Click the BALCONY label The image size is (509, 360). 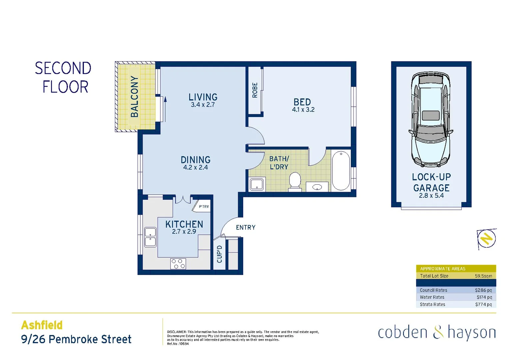click(134, 97)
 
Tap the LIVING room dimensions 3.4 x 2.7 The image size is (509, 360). click(203, 105)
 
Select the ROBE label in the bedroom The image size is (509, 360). click(255, 90)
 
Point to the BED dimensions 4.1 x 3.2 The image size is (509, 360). click(303, 110)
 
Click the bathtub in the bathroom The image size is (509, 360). click(341, 170)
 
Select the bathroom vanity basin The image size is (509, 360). click(317, 187)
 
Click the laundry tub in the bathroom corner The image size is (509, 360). click(256, 184)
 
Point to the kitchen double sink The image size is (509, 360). click(150, 237)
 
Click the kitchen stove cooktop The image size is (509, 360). click(178, 264)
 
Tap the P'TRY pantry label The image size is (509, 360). click(204, 207)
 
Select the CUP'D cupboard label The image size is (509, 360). click(220, 254)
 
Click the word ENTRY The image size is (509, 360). click(246, 228)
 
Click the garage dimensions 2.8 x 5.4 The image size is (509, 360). click(431, 196)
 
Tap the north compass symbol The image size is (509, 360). click(487, 239)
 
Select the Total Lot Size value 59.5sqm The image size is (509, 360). click(483, 276)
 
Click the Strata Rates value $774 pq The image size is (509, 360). click(483, 304)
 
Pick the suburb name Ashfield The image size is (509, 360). click(42, 325)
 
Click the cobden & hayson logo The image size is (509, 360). click(437, 333)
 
